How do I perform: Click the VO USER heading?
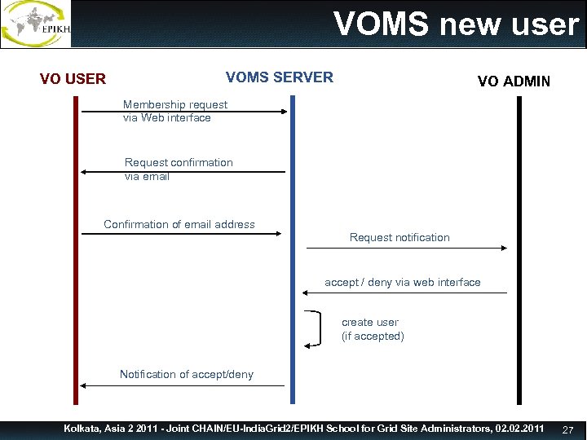[73, 79]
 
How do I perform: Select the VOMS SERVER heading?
[279, 77]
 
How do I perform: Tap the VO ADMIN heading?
[514, 81]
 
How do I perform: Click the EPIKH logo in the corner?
[37, 24]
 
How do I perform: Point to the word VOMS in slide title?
[381, 24]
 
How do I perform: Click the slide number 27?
[568, 429]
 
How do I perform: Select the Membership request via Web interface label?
[174, 111]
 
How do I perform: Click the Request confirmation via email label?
[178, 169]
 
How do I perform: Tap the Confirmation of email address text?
[179, 224]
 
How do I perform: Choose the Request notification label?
[399, 237]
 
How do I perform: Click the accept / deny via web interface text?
[402, 282]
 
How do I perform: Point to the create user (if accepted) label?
[372, 329]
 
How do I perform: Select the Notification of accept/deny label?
[186, 374]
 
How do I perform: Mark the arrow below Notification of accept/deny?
[183, 385]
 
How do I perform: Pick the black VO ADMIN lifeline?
[518, 342]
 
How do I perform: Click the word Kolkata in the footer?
[84, 429]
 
